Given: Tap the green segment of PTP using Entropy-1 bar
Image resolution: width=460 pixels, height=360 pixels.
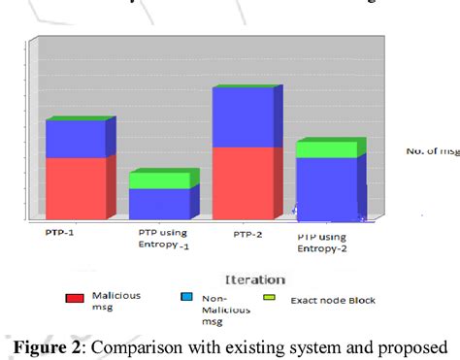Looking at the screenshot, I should tap(159, 180).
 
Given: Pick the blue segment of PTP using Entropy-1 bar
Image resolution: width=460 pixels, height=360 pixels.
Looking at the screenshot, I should tap(159, 204).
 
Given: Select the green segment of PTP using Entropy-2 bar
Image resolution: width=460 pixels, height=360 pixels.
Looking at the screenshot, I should tap(326, 149).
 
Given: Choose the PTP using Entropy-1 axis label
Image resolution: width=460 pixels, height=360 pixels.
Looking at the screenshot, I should tap(162, 239).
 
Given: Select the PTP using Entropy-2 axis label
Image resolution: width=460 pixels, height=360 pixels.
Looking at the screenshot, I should tap(322, 242).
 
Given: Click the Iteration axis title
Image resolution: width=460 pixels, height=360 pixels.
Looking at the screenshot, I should tap(254, 278).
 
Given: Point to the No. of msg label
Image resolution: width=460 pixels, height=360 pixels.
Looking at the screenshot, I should tap(431, 151).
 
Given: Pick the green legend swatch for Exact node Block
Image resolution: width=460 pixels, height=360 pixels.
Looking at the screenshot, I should tap(270, 298).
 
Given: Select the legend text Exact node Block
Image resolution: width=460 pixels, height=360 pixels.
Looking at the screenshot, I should tap(333, 300).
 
